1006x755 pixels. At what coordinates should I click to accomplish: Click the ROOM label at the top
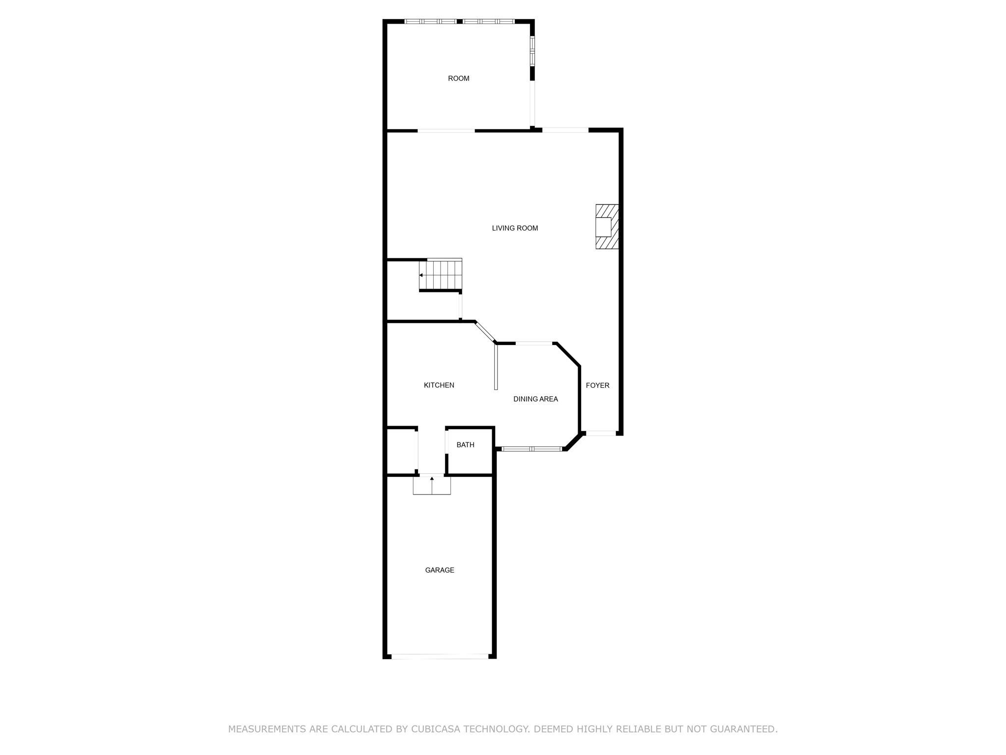[458, 79]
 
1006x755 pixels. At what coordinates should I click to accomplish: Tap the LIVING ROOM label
[515, 228]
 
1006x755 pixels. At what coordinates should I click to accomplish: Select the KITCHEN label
[439, 385]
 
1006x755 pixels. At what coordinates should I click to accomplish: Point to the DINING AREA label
[535, 399]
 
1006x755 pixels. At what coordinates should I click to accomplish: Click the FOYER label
[597, 385]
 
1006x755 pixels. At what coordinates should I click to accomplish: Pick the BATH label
[465, 445]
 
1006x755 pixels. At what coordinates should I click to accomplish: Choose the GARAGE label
[439, 570]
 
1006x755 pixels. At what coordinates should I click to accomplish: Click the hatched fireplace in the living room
[607, 227]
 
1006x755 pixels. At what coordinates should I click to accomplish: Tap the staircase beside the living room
[441, 275]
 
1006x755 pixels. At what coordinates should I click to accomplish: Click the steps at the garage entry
[431, 485]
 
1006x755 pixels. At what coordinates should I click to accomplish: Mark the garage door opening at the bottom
[440, 656]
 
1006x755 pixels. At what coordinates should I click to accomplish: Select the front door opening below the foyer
[601, 433]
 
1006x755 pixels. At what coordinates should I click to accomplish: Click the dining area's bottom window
[531, 449]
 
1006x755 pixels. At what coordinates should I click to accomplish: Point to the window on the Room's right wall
[532, 51]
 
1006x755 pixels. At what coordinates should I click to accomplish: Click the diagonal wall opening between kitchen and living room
[486, 332]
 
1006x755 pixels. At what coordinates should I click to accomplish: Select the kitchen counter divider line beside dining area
[496, 367]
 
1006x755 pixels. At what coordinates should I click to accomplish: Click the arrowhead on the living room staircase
[421, 275]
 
